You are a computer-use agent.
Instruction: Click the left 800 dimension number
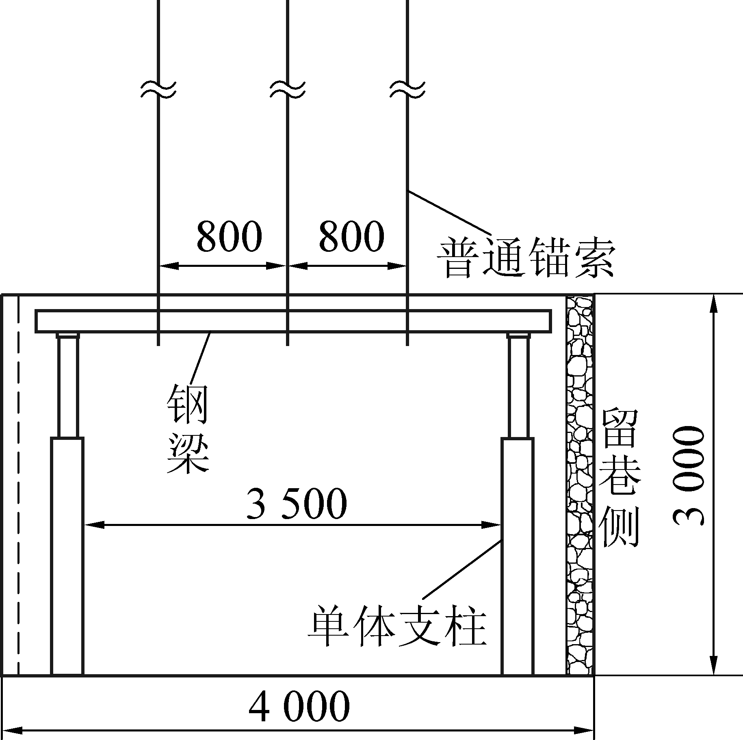tap(229, 236)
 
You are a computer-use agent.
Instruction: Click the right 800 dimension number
tap(351, 236)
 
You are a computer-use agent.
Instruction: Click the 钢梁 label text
tap(188, 429)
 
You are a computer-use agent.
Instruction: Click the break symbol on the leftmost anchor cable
tap(158, 89)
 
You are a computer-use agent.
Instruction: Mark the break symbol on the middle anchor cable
tap(287, 89)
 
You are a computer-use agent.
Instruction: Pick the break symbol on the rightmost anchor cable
tap(407, 89)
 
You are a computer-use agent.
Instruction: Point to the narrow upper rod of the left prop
tap(67, 386)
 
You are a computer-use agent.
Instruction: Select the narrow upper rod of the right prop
tap(518, 386)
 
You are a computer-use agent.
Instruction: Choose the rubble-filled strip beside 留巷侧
tap(580, 487)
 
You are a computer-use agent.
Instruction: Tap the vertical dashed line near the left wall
tap(18, 487)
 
